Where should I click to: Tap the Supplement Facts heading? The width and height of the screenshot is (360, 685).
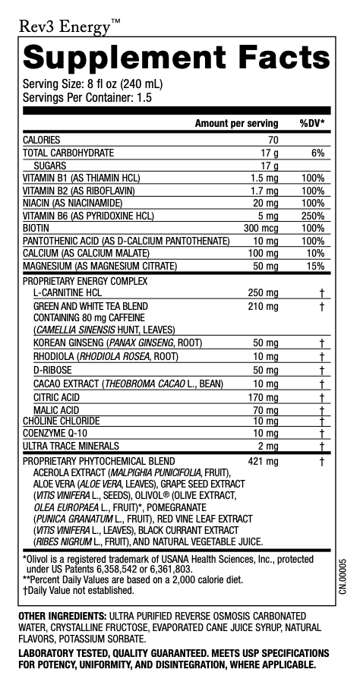tap(176, 58)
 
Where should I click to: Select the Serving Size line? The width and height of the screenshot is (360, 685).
tap(93, 84)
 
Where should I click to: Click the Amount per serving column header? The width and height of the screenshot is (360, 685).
tap(236, 123)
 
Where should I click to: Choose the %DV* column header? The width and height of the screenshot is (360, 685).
tap(312, 123)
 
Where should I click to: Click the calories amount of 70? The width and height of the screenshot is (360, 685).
tap(273, 140)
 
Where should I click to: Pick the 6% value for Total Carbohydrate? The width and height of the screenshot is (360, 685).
tap(317, 153)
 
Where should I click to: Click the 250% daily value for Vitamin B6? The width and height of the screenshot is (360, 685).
tap(313, 215)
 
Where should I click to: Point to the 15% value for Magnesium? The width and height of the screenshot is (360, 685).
tap(315, 267)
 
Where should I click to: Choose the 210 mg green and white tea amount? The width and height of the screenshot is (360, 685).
tap(263, 306)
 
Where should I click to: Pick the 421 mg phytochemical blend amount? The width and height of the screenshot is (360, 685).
tap(263, 461)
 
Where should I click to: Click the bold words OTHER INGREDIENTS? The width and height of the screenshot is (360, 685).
tap(62, 614)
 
